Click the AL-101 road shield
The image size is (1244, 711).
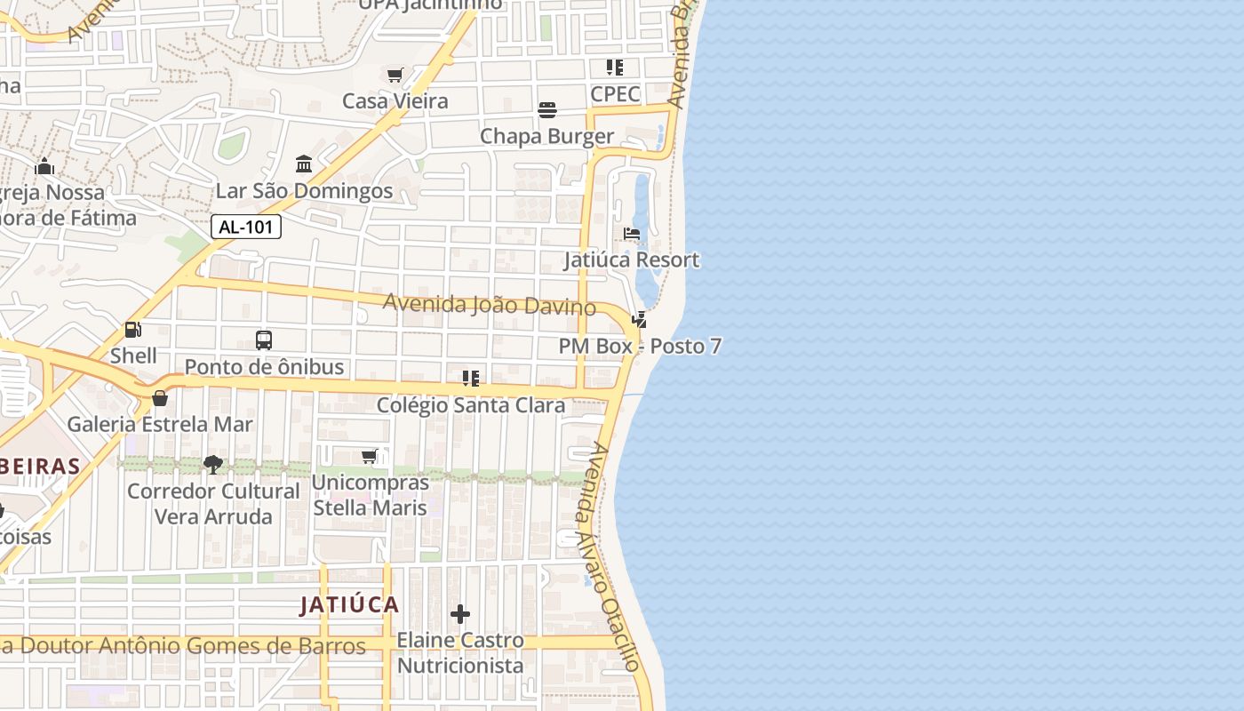click(x=246, y=227)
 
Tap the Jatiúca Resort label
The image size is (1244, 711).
click(x=632, y=260)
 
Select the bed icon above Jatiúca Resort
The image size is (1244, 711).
click(x=632, y=234)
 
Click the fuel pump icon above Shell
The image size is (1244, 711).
click(x=133, y=331)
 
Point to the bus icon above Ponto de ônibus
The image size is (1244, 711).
click(x=264, y=340)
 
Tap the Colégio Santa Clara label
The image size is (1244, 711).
click(x=471, y=405)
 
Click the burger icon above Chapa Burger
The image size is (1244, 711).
click(x=547, y=110)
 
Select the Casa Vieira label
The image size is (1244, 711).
click(x=395, y=101)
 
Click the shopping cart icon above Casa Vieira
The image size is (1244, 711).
click(x=395, y=76)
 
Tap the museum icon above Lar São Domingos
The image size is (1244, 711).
click(x=304, y=164)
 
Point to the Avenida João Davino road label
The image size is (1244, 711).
click(x=489, y=305)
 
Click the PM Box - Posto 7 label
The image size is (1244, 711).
click(x=640, y=347)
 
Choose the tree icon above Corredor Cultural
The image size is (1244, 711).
click(x=212, y=464)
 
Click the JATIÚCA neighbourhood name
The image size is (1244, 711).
click(x=349, y=605)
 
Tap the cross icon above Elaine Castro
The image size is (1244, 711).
click(x=460, y=614)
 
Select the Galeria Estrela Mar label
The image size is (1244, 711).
click(x=160, y=424)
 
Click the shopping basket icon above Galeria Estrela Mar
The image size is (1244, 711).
click(x=160, y=398)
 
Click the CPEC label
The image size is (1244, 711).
click(x=615, y=93)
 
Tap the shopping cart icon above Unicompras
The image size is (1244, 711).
click(x=370, y=457)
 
